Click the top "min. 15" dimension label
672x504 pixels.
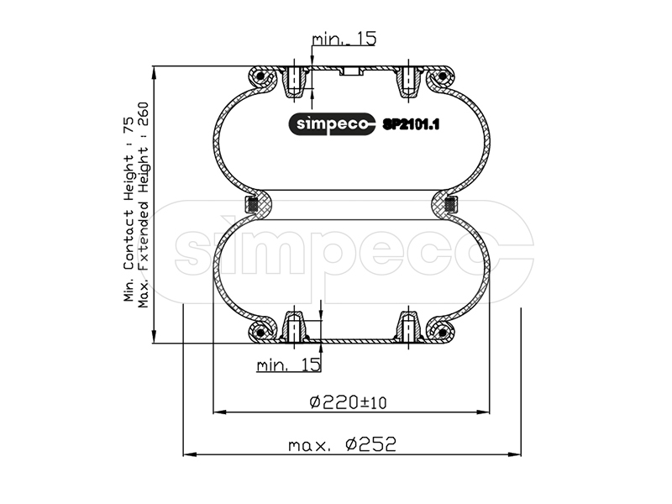pos(344,39)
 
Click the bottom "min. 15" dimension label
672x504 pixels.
pos(288,365)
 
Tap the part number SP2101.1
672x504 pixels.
pos(411,124)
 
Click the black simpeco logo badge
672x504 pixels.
pos(332,124)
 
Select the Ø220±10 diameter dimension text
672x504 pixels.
pos(348,402)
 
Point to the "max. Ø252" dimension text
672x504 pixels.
pos(342,444)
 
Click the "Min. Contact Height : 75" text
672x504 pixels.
pos(129,209)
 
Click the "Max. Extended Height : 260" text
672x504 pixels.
pos(143,205)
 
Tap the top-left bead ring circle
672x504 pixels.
pos(260,77)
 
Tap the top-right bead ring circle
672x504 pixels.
pos(443,77)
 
